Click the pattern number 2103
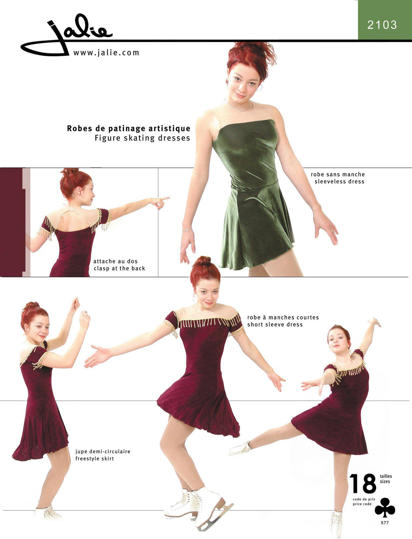(382, 25)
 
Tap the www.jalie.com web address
(106, 53)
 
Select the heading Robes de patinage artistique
(129, 128)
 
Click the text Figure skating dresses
(142, 138)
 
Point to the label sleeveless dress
(340, 182)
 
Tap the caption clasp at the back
(119, 268)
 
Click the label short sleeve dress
(275, 324)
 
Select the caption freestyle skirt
(95, 458)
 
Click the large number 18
(363, 484)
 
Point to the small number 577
(385, 523)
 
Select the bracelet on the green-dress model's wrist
(187, 230)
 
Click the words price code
(362, 504)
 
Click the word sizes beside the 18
(385, 481)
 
